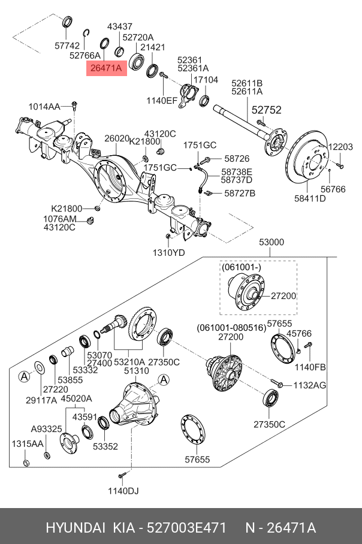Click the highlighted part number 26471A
click(x=106, y=68)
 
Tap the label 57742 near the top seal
click(x=67, y=45)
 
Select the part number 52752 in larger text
click(x=266, y=110)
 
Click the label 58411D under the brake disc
click(x=310, y=198)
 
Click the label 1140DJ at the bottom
click(x=123, y=491)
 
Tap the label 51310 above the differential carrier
click(x=136, y=371)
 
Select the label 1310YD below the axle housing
click(x=168, y=252)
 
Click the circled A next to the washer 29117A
click(x=23, y=376)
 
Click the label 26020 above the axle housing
click(x=117, y=138)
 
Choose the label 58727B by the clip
click(x=240, y=194)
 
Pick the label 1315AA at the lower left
click(x=28, y=443)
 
